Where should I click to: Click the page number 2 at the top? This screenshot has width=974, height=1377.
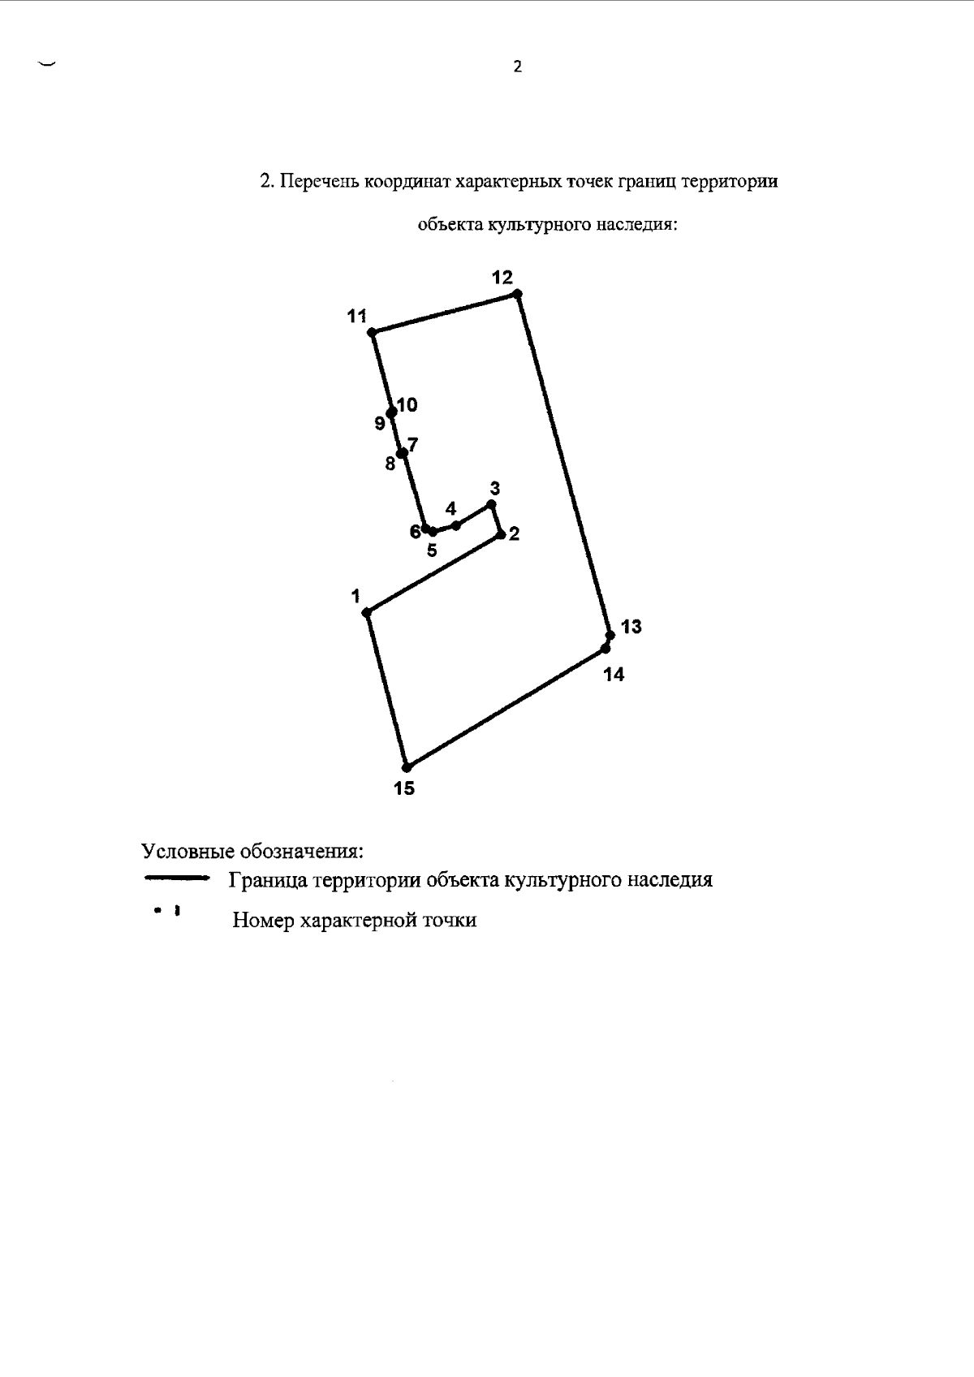[x=518, y=67]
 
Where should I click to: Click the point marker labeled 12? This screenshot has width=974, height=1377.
[x=517, y=294]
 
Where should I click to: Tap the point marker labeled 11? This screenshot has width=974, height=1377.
[x=371, y=332]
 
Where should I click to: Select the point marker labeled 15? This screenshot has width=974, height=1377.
[x=407, y=766]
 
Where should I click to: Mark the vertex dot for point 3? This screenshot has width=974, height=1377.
[x=491, y=505]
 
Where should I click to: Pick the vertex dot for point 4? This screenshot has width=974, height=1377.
[x=456, y=525]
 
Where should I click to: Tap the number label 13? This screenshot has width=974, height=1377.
[x=631, y=627]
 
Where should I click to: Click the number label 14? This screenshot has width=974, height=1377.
[x=614, y=675]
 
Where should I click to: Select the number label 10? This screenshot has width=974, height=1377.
[x=407, y=404]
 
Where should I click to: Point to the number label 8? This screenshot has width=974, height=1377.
[x=390, y=464]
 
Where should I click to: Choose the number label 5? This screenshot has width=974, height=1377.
[x=432, y=550]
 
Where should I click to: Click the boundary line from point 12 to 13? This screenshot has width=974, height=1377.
[x=563, y=463]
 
